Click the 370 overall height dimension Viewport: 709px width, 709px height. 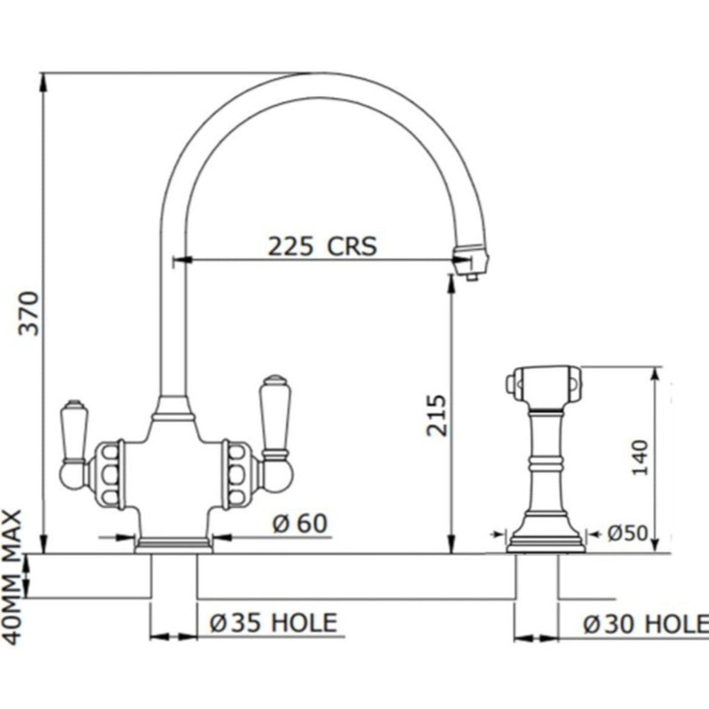point(29,314)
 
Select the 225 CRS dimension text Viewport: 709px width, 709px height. point(322,246)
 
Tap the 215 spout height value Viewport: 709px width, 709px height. point(437,415)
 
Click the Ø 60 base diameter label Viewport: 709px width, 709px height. point(299,524)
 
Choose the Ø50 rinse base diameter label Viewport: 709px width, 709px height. point(627,533)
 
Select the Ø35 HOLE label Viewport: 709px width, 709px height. point(274,622)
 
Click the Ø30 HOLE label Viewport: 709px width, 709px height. point(646,624)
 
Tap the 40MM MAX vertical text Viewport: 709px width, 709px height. point(12,577)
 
